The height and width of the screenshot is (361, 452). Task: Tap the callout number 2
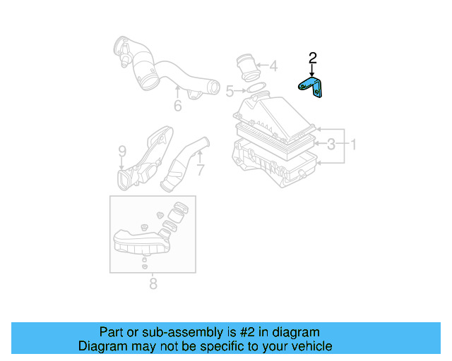pyautogui.click(x=313, y=58)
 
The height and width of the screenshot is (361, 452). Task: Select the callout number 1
pyautogui.click(x=354, y=145)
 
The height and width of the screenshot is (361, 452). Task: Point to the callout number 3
pyautogui.click(x=331, y=145)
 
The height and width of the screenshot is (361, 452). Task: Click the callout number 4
pyautogui.click(x=273, y=67)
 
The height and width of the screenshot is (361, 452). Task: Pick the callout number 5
pyautogui.click(x=230, y=91)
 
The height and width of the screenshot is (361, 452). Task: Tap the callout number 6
pyautogui.click(x=177, y=106)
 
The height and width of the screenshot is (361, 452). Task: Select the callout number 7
pyautogui.click(x=200, y=170)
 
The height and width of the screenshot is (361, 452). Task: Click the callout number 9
pyautogui.click(x=121, y=151)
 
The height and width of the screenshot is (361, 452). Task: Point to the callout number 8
pyautogui.click(x=153, y=284)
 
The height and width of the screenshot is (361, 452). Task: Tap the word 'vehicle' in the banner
pyautogui.click(x=309, y=346)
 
